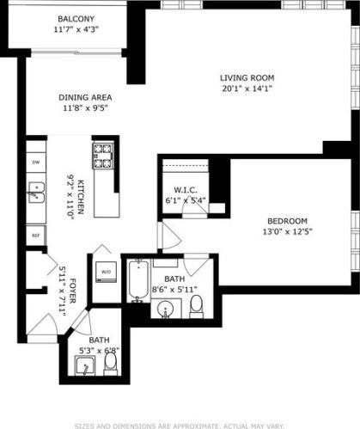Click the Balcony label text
(x=77, y=18)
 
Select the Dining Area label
(x=85, y=97)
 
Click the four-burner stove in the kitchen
(x=103, y=156)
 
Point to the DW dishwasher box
(x=35, y=162)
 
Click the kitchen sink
(x=35, y=193)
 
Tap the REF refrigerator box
(x=35, y=234)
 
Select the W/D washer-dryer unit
(x=106, y=272)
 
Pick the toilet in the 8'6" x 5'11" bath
(x=196, y=305)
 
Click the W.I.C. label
(x=186, y=190)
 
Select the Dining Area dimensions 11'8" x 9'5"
(x=85, y=108)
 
